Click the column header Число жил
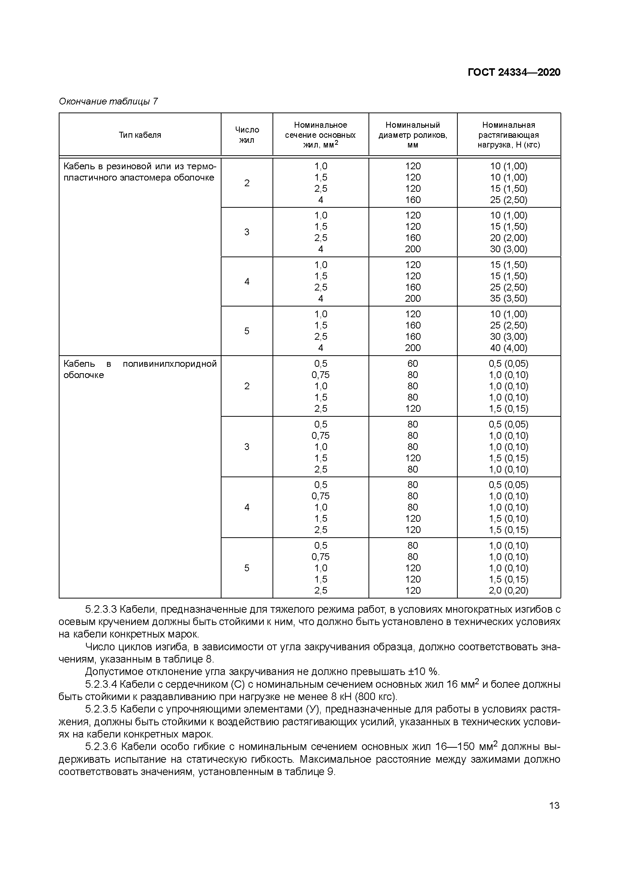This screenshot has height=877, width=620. [247, 135]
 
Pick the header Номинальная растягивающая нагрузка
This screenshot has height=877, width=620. [508, 135]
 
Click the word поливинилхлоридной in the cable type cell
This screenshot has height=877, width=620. [169, 364]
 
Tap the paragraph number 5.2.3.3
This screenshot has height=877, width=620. [101, 609]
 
